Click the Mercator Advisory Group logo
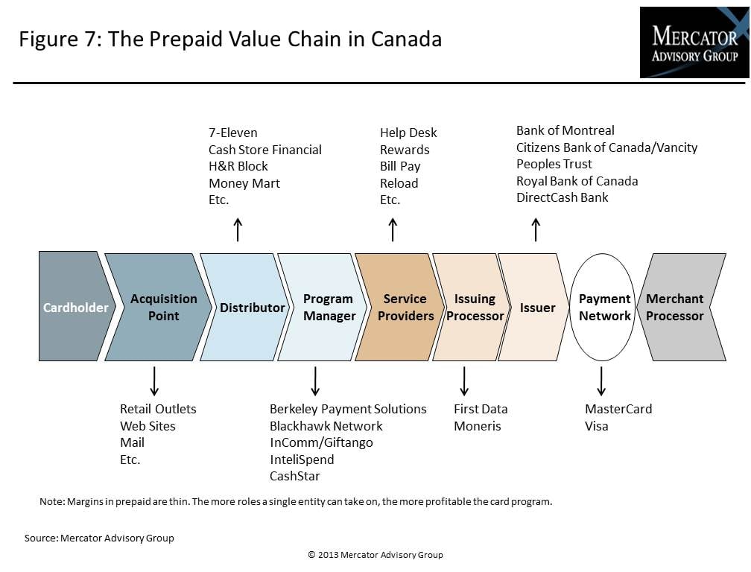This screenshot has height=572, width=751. tap(694, 42)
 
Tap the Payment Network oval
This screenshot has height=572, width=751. tap(603, 307)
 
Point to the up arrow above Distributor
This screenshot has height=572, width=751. tap(238, 229)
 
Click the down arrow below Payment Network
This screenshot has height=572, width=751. tap(601, 381)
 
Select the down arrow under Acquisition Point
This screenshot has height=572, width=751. tap(154, 381)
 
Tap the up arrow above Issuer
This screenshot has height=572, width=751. tap(536, 229)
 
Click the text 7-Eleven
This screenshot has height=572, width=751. tap(232, 133)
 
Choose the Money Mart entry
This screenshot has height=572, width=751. tap(244, 183)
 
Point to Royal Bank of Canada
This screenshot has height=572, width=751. tap(577, 181)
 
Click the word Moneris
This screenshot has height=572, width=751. tap(478, 426)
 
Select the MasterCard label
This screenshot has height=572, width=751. tap(618, 409)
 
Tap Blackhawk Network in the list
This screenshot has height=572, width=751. tap(326, 426)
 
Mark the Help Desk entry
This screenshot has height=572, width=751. tap(408, 133)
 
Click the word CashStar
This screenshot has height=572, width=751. tap(294, 476)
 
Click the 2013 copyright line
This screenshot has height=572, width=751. tap(375, 555)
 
